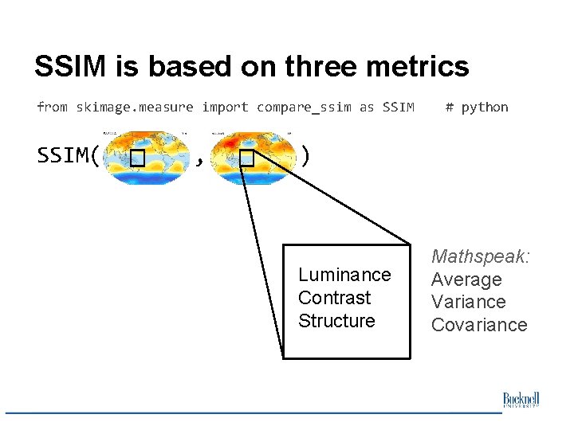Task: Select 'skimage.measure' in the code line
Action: tap(135, 107)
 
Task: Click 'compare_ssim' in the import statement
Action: tap(304, 107)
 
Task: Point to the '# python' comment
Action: tap(477, 107)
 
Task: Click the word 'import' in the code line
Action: tap(225, 107)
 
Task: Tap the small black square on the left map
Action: tap(137, 159)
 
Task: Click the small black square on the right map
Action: tap(246, 159)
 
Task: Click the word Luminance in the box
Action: tap(344, 275)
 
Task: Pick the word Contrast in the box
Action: tap(334, 298)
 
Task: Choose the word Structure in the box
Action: tap(336, 321)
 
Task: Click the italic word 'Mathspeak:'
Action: tap(481, 257)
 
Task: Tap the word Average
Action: tap(466, 279)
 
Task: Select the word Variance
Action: tap(468, 302)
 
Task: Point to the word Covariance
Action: tap(479, 325)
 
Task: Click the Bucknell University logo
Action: tap(521, 400)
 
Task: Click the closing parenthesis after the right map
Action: tap(305, 155)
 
